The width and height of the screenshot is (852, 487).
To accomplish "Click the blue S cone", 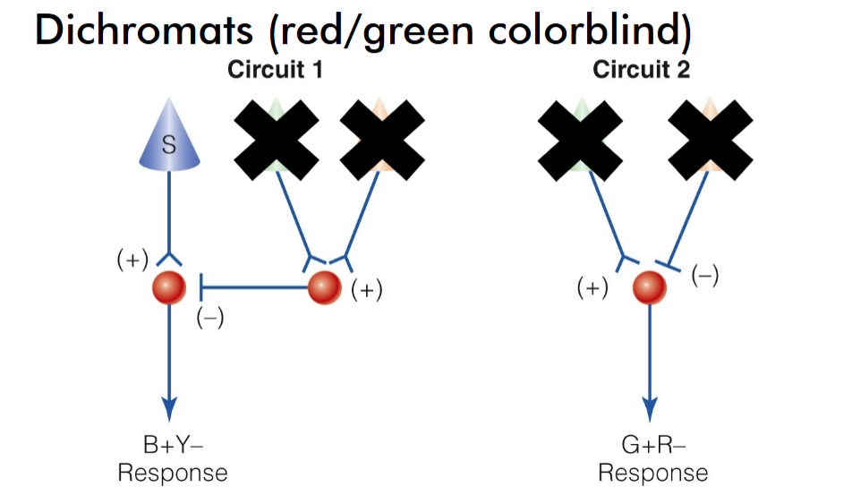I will click(169, 140).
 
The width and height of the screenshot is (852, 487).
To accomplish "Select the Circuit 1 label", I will click(275, 70).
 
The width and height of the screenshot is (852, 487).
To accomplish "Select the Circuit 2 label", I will click(641, 70).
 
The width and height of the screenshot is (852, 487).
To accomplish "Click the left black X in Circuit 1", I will click(277, 137).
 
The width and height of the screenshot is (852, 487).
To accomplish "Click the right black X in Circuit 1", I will click(382, 137).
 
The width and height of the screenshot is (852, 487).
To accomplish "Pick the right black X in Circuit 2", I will click(711, 137).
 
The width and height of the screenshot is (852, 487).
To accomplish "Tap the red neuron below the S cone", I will click(169, 288).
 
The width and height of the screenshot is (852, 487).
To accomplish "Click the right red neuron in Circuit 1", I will click(324, 288).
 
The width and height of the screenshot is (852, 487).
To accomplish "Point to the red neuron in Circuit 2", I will click(650, 288).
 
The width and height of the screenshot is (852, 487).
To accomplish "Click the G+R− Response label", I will click(652, 458).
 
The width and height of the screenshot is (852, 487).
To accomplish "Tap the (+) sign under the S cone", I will click(132, 261).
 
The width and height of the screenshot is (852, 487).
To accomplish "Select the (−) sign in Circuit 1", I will click(209, 318).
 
